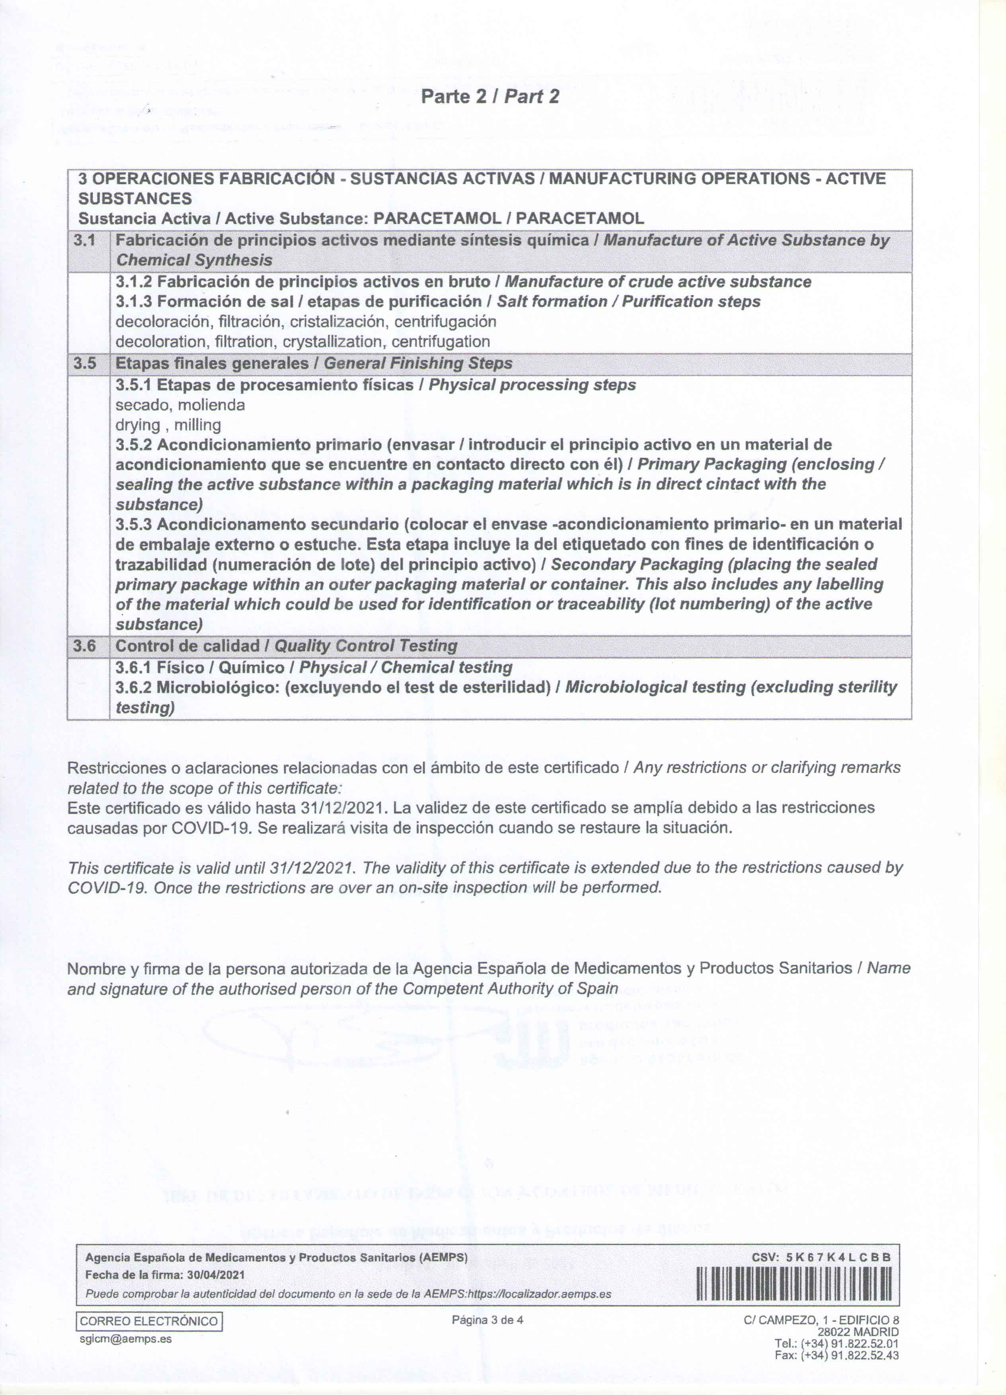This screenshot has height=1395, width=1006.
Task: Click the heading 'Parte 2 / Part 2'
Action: [490, 97]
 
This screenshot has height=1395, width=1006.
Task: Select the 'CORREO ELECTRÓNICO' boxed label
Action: [149, 1321]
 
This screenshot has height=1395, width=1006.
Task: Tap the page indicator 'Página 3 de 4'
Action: [487, 1320]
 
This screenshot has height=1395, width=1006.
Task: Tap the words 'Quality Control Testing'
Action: [365, 646]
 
